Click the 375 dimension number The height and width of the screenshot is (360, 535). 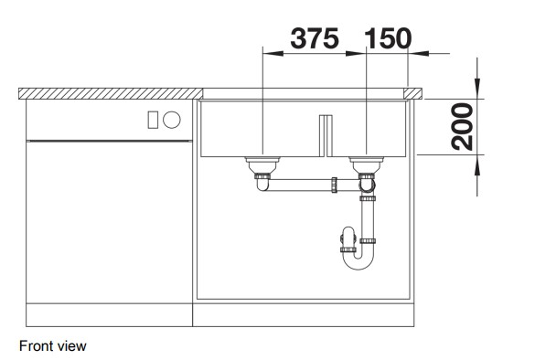click(x=315, y=38)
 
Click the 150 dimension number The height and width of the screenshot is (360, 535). click(x=388, y=38)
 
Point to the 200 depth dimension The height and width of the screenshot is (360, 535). click(x=463, y=127)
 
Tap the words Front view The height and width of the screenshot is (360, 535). click(x=53, y=346)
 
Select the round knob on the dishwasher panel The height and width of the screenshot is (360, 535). click(x=172, y=120)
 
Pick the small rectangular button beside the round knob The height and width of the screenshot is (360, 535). click(x=153, y=120)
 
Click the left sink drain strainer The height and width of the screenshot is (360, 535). click(x=262, y=165)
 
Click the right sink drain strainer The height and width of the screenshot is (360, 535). click(x=367, y=165)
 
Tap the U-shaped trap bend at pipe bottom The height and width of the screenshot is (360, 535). click(x=358, y=263)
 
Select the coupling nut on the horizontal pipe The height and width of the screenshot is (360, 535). click(x=335, y=185)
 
